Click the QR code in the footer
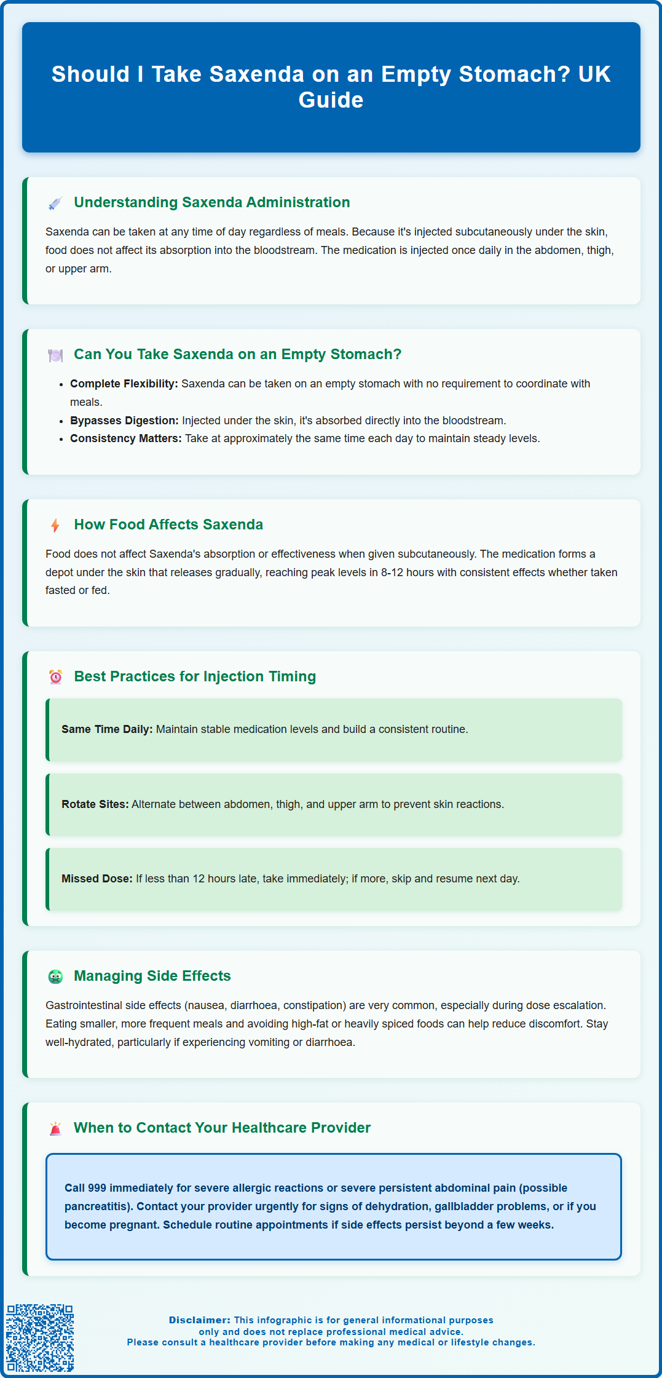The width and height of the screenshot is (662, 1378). coord(40,1337)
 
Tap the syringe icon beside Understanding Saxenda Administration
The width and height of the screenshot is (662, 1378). coord(55,204)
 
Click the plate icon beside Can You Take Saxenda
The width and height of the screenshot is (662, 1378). coord(55,355)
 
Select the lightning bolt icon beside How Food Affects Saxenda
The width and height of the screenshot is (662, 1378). coord(55,526)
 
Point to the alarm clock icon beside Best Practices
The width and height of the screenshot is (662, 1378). coord(55,677)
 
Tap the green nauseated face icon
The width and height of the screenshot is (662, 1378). coord(55,976)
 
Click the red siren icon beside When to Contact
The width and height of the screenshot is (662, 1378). coord(55,1128)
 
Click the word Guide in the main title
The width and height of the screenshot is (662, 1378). coord(331,100)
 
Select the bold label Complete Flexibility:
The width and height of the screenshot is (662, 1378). coord(124,384)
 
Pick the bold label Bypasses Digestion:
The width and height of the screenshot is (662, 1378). coord(124,421)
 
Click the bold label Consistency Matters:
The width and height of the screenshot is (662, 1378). coord(125,438)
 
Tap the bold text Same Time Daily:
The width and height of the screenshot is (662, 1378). coord(107,729)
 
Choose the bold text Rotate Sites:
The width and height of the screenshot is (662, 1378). coord(95,804)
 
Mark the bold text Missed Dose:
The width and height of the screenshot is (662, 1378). coord(97,879)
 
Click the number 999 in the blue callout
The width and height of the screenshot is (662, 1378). coord(97,1188)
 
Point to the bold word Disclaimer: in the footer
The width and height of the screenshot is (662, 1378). coord(200,1320)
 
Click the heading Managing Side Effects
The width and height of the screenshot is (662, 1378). coord(152,976)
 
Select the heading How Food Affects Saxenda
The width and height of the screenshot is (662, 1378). coord(168,525)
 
